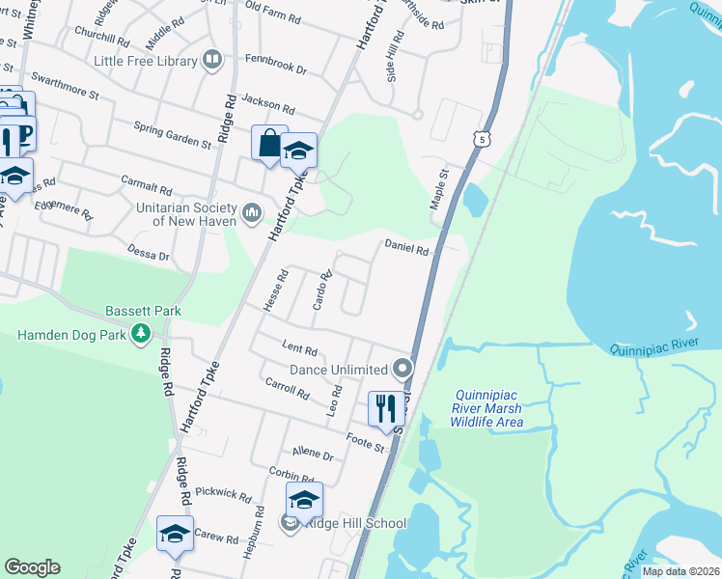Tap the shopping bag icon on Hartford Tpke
point(269,143)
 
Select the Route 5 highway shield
point(481,140)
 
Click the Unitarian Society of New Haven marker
point(252,210)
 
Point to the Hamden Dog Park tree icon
point(142,334)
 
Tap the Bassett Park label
point(143,314)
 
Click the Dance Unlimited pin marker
point(402,369)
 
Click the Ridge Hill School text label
point(355,523)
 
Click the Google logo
point(32,566)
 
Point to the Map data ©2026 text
point(680,571)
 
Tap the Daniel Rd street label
point(406,247)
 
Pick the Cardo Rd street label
point(322,290)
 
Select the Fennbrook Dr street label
point(275,70)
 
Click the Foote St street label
point(366,445)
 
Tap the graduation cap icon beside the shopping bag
point(299,151)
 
